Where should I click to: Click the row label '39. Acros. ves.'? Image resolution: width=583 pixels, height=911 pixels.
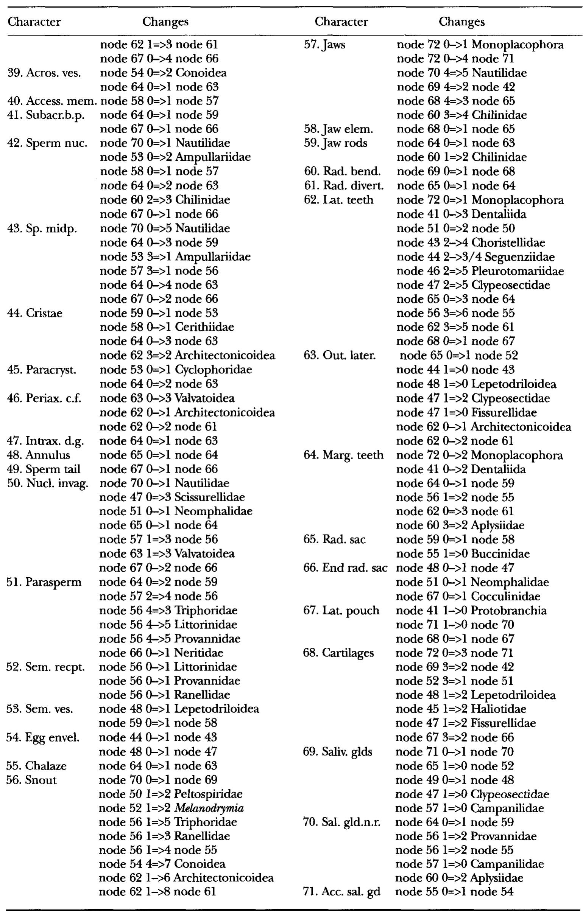[x=44, y=73]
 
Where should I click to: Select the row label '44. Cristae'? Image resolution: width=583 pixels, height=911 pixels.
[x=35, y=313]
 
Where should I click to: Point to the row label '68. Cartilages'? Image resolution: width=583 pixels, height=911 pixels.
[x=338, y=653]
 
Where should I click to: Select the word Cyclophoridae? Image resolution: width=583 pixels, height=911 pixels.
[x=214, y=370]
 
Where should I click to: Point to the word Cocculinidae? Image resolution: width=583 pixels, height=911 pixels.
[x=505, y=597]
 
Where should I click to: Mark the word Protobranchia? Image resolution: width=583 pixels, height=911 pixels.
[x=509, y=611]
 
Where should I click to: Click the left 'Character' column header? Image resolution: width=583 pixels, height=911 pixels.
[x=34, y=22]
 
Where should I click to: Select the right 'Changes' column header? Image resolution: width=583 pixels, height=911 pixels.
[x=461, y=22]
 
